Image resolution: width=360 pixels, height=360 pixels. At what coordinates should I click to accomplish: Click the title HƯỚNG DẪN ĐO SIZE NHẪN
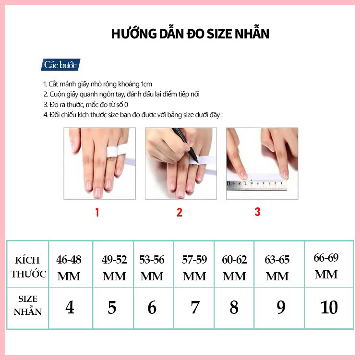pyautogui.click(x=190, y=34)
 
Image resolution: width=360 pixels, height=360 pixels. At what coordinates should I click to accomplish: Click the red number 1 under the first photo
pyautogui.click(x=97, y=212)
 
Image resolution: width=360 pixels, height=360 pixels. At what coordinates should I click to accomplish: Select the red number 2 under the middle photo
pyautogui.click(x=180, y=212)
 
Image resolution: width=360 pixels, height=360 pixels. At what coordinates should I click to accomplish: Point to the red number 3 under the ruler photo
pyautogui.click(x=257, y=211)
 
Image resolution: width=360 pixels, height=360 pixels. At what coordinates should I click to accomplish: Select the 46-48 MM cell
pyautogui.click(x=69, y=268)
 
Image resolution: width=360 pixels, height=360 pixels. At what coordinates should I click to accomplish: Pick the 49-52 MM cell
pyautogui.click(x=114, y=268)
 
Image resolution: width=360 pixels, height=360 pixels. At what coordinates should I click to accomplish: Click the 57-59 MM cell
pyautogui.click(x=194, y=268)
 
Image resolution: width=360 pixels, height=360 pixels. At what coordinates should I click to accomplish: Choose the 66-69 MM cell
pyautogui.click(x=326, y=266)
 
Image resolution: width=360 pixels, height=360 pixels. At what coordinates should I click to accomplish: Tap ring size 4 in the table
pyautogui.click(x=70, y=307)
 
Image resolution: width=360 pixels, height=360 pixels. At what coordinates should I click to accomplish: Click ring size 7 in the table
pyautogui.click(x=195, y=307)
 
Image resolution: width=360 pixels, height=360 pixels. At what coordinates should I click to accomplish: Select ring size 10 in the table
pyautogui.click(x=329, y=307)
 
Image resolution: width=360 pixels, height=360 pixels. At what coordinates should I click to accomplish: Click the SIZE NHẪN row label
pyautogui.click(x=28, y=305)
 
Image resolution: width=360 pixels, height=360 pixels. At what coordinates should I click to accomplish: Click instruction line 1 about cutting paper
pyautogui.click(x=97, y=84)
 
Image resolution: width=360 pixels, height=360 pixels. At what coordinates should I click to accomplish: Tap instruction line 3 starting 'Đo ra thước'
pyautogui.click(x=86, y=105)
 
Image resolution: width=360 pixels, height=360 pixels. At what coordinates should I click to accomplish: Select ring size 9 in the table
pyautogui.click(x=281, y=307)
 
